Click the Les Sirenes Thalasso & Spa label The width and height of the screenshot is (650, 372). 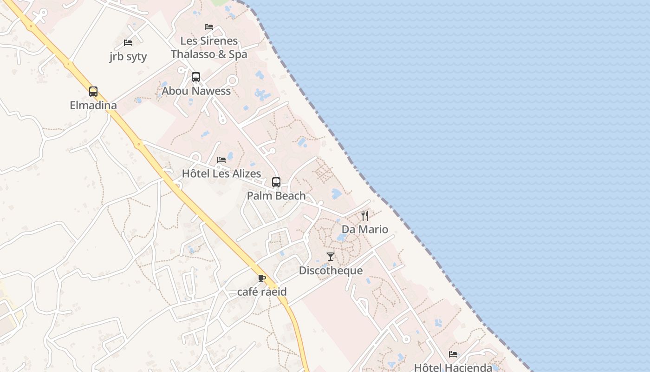[x=209, y=47]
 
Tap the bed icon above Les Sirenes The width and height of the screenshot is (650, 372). [x=209, y=27]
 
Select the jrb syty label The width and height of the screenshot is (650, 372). [x=128, y=57]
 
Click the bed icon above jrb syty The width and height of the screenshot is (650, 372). [x=128, y=43]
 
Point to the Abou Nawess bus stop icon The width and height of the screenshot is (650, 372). [x=196, y=77]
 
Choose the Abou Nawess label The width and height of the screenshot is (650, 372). [x=196, y=91]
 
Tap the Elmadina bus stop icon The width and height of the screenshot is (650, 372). [x=93, y=91]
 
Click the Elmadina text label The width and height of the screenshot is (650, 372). [x=93, y=106]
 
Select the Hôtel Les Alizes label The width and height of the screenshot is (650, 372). [x=221, y=174]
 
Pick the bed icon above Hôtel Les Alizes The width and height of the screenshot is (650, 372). [x=221, y=160]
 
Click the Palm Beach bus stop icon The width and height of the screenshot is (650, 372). [x=276, y=182]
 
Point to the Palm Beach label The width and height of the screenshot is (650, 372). [x=276, y=196]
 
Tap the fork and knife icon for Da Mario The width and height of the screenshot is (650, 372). [x=365, y=215]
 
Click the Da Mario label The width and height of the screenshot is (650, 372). [x=365, y=229]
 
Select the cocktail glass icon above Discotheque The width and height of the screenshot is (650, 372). [x=331, y=256]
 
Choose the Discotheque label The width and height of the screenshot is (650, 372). [x=331, y=271]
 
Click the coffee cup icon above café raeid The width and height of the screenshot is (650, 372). [x=262, y=278]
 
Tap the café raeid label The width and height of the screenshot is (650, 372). [x=262, y=292]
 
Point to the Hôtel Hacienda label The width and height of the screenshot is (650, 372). [x=453, y=367]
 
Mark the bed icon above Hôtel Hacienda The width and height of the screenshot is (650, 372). [x=453, y=354]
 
